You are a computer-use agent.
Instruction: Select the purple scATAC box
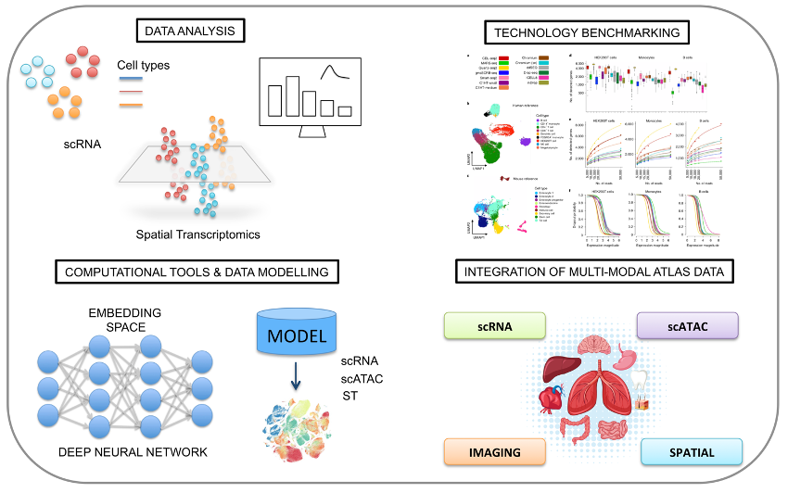click(x=687, y=325)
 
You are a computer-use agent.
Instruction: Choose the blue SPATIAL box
click(x=692, y=451)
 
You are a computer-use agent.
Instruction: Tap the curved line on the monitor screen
click(x=331, y=73)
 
